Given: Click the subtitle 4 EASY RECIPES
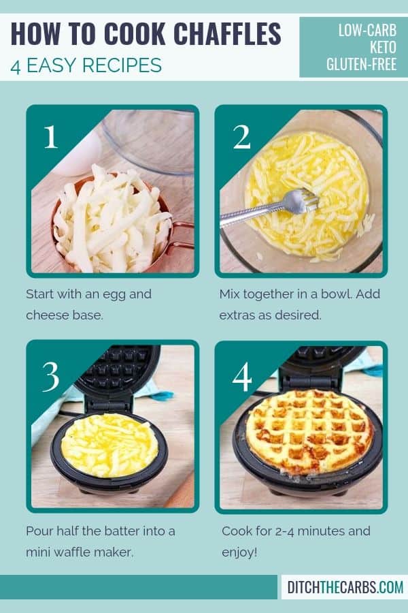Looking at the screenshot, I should click(86, 65).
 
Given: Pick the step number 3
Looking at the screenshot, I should click(51, 376).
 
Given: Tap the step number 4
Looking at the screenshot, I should click(241, 376).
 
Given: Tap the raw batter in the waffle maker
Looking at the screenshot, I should click(109, 445).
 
